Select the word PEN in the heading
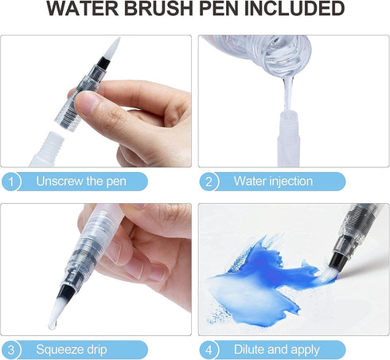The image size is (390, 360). (220, 10)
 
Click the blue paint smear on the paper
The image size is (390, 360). (263, 275)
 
